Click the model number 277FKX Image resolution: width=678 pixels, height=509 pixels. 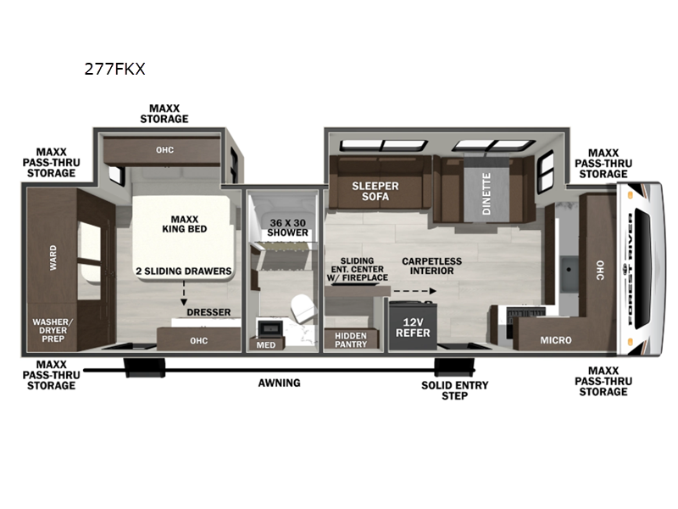point(114,69)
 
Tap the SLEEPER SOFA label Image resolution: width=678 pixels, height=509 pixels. point(375,192)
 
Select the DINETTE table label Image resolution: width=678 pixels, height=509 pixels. point(486,193)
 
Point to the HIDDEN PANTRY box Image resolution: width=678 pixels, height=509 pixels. point(351,340)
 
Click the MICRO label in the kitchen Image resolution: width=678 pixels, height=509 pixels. point(556,340)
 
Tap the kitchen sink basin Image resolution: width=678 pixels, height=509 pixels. point(569,272)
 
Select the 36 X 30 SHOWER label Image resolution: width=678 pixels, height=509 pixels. point(287,227)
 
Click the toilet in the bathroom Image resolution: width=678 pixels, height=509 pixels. point(303,308)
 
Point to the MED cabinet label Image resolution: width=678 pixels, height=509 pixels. point(265,345)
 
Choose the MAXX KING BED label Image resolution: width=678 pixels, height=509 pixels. point(185,224)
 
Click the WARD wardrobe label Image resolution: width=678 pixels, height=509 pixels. point(53,258)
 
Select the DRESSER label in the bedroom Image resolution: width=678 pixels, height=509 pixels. point(208,312)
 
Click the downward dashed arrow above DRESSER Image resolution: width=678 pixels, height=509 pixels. point(184,293)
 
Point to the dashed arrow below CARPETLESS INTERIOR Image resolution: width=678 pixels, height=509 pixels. point(414,291)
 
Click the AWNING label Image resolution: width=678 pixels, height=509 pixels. point(279,383)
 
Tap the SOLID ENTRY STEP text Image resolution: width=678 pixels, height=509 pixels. point(455,390)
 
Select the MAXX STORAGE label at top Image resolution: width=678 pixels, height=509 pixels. point(164,114)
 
